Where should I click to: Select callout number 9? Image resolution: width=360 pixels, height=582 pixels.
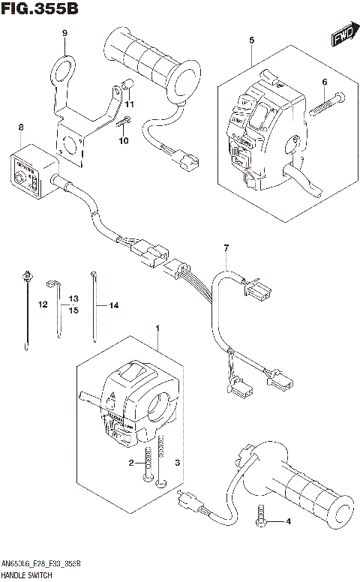pyautogui.click(x=64, y=33)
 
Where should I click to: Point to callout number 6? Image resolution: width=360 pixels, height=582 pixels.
pyautogui.click(x=325, y=82)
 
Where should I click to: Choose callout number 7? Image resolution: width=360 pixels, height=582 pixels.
pyautogui.click(x=224, y=247)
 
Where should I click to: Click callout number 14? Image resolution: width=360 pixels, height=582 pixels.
pyautogui.click(x=114, y=305)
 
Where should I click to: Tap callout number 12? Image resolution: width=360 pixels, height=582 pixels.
pyautogui.click(x=43, y=304)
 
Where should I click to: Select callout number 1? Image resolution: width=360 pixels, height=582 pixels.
pyautogui.click(x=157, y=328)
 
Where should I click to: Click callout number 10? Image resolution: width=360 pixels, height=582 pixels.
pyautogui.click(x=124, y=140)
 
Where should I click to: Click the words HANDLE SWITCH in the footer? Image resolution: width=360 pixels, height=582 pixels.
pyautogui.click(x=25, y=574)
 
